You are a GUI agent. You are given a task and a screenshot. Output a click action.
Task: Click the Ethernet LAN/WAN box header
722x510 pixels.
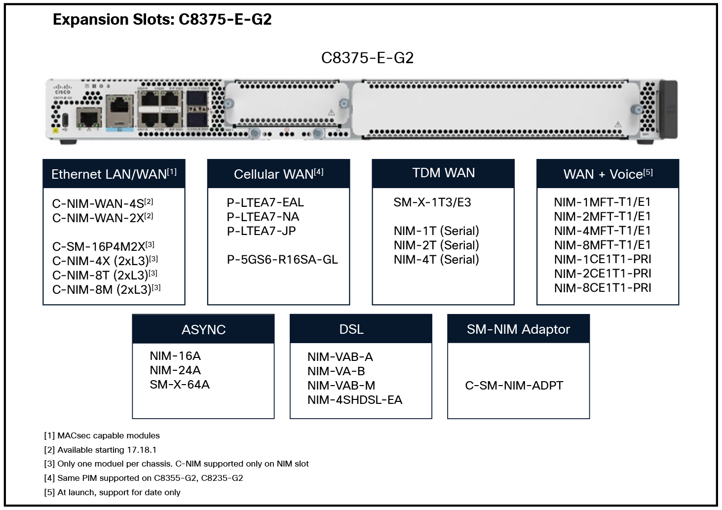(114, 174)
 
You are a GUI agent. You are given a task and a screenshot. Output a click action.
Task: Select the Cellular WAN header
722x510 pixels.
(278, 174)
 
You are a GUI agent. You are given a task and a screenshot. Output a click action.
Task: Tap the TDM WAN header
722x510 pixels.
(443, 173)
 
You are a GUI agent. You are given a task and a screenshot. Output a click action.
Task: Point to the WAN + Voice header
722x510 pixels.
(608, 174)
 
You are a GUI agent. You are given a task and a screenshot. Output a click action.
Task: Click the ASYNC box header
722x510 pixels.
(203, 329)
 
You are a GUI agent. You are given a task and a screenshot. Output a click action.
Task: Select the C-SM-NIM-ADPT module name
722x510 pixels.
(514, 386)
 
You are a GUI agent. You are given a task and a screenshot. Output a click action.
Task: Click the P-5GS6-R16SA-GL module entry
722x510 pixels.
(282, 260)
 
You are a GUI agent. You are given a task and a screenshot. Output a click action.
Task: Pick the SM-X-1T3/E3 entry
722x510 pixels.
(432, 202)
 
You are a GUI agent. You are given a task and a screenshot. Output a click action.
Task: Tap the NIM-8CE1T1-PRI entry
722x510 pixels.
(602, 288)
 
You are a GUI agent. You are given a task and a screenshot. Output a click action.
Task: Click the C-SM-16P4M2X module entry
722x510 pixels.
(103, 246)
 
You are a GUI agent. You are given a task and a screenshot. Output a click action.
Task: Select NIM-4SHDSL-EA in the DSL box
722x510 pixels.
(354, 400)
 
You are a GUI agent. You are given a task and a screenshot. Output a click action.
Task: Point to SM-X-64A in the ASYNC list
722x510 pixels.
(180, 385)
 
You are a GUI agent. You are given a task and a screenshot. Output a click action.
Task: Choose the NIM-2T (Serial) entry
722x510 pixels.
(436, 245)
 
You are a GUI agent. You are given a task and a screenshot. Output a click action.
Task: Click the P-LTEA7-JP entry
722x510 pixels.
(261, 231)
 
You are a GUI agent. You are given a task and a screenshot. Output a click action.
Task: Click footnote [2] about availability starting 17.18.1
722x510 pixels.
(100, 450)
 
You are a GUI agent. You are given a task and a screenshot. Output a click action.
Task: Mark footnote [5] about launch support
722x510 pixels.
(112, 492)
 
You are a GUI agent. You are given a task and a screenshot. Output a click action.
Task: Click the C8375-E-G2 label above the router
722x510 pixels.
(367, 58)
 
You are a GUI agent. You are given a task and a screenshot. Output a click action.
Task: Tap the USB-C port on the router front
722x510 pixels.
(66, 120)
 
